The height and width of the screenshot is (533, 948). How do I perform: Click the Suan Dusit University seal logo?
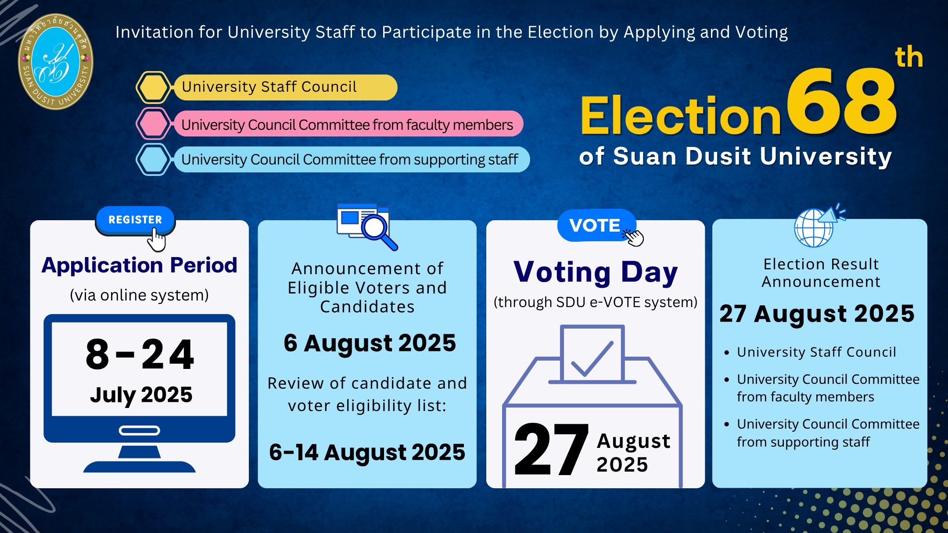coord(56,61)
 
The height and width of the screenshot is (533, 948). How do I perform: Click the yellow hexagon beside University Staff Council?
coord(153,87)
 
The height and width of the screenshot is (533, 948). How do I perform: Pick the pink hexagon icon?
coord(153,124)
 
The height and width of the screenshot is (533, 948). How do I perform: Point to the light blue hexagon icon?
coord(153,159)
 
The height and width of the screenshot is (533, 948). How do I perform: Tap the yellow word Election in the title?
coord(681,115)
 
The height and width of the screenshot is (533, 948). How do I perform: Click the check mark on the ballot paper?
coord(592,359)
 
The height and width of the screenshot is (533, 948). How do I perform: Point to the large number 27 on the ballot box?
coord(551,450)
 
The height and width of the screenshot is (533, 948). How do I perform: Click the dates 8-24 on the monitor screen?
coord(140,354)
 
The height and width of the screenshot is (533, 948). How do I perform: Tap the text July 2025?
coord(141,395)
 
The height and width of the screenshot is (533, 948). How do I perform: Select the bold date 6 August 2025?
coord(370,343)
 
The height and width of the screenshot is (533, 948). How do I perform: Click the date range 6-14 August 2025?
coord(367,452)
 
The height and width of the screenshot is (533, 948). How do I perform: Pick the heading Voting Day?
coord(596,272)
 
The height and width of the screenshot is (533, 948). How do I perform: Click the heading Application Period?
coord(140,265)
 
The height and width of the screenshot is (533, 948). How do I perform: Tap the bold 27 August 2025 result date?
coord(817,314)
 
